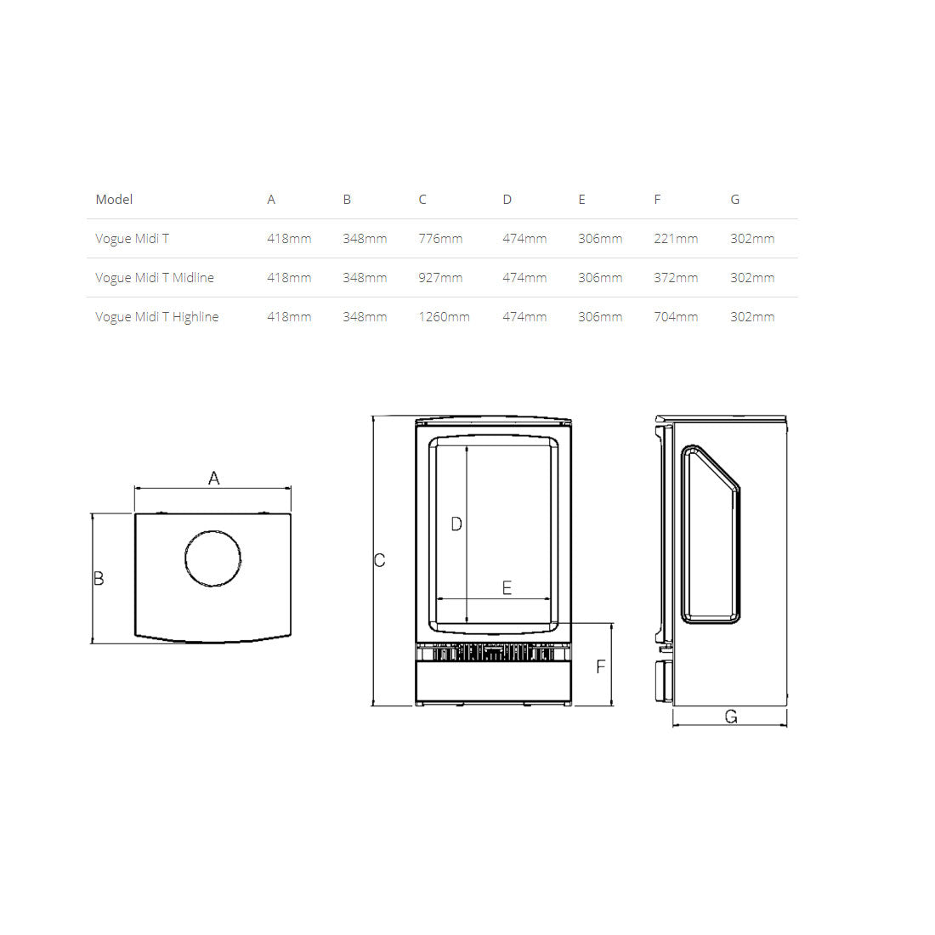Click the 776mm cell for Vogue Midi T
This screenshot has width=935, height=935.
point(440,239)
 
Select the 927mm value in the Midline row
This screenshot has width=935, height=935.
point(440,278)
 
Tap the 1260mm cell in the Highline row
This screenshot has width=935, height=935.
point(444,317)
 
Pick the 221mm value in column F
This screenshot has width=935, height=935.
point(676,239)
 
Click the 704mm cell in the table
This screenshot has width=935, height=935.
point(676,317)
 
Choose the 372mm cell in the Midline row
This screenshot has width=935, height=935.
point(676,278)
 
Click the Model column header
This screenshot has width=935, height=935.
point(114,200)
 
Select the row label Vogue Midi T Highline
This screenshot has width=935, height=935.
point(156,317)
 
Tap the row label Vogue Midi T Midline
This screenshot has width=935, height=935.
point(155,278)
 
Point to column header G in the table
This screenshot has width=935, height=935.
point(734,200)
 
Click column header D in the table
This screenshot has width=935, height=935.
point(507,200)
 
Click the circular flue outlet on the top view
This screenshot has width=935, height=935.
point(212,558)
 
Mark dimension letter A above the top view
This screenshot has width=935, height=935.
point(213,479)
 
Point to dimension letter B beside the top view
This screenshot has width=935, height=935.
point(99,578)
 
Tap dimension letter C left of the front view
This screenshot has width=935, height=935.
point(379,560)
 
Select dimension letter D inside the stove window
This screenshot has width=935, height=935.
point(456,524)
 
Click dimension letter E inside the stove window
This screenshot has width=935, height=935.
point(507,587)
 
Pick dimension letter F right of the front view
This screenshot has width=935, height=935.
point(600,666)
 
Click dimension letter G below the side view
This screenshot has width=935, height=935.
point(730,717)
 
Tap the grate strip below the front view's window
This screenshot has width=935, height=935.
point(492,653)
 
